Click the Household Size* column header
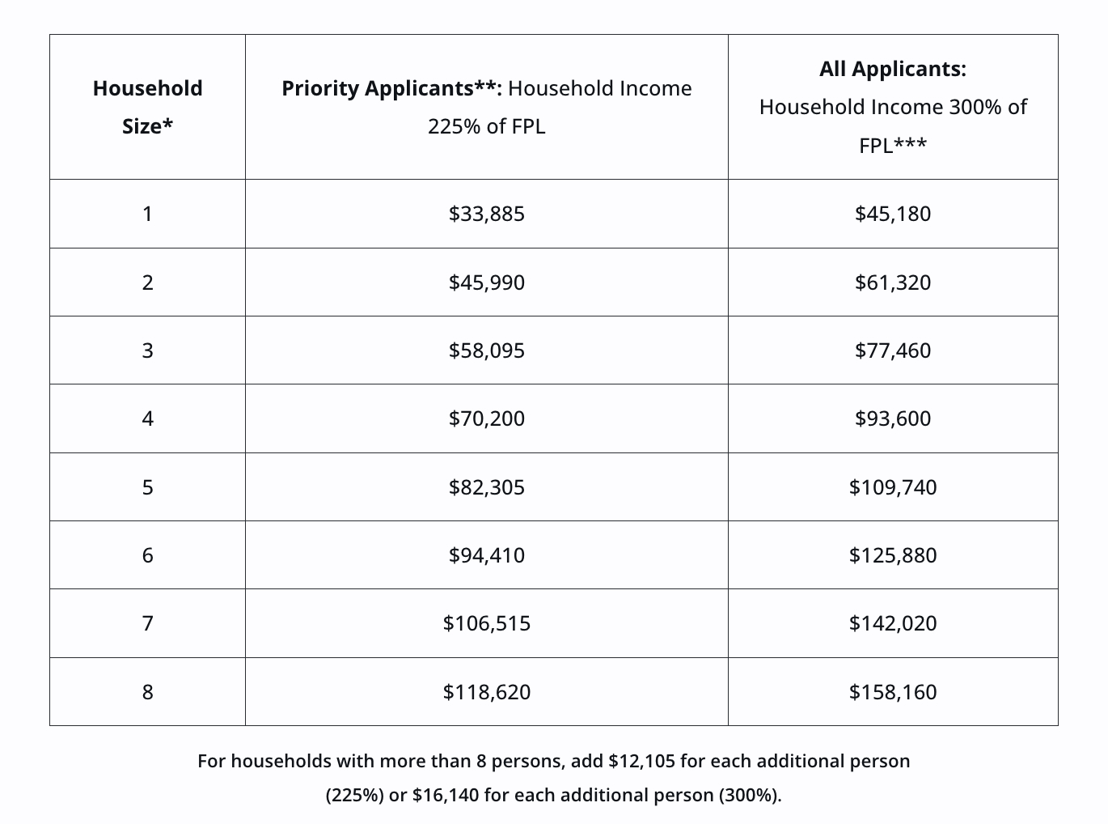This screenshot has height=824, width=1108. tap(147, 107)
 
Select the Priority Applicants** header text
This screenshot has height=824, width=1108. tap(391, 88)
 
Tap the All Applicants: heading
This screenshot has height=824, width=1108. tap(892, 69)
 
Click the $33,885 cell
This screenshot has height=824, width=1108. tap(486, 214)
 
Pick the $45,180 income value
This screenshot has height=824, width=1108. tap(892, 214)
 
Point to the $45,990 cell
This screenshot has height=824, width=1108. tap(486, 282)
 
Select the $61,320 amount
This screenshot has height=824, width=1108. tap(892, 282)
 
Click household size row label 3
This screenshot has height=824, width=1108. tap(147, 350)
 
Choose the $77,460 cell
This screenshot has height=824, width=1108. tap(892, 350)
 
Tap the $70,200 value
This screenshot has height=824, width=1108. tap(486, 418)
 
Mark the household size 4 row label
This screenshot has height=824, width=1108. tap(147, 418)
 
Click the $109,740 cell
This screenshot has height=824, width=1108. tap(892, 487)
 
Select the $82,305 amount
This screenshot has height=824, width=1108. tap(486, 487)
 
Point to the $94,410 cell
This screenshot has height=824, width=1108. tap(486, 555)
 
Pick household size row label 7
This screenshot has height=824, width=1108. tap(147, 623)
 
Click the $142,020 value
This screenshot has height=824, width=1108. tap(892, 623)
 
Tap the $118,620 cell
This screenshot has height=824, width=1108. tap(486, 692)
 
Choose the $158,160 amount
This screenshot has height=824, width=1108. tap(892, 692)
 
